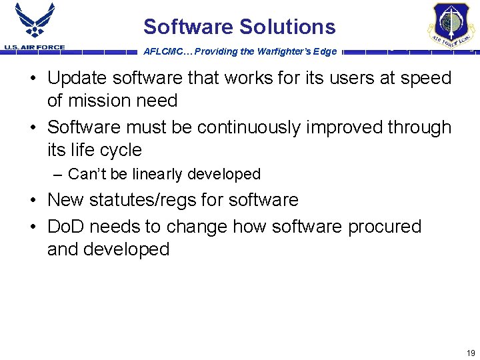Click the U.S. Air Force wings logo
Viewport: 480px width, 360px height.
point(35,21)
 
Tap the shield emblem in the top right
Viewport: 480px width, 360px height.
point(451,25)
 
